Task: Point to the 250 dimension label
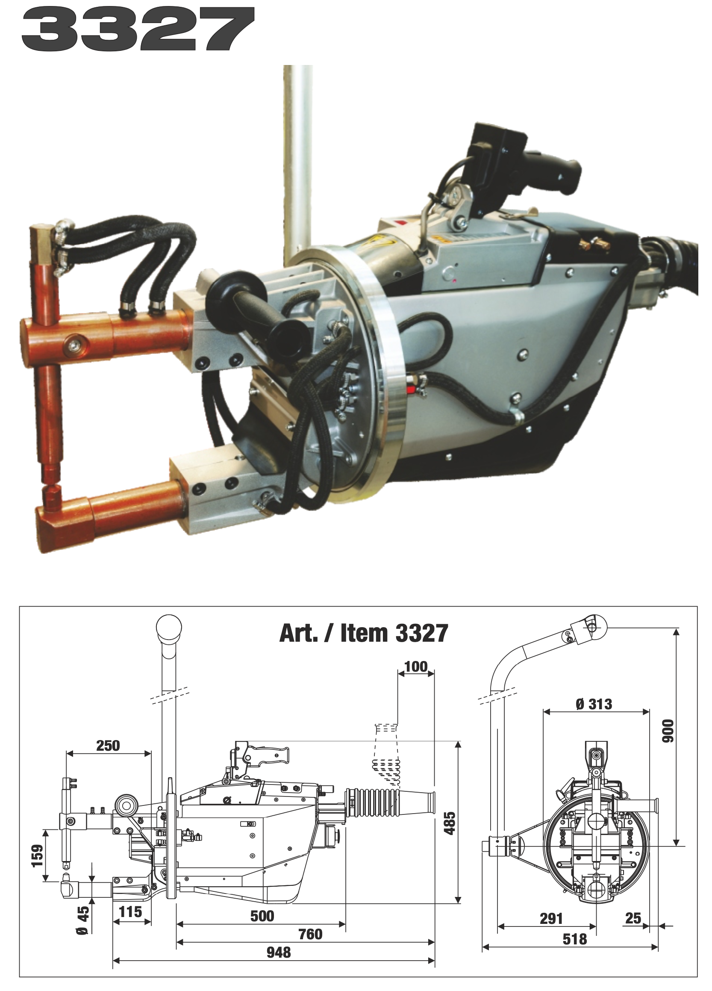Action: tap(108, 745)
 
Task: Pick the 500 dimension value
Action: tap(262, 903)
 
